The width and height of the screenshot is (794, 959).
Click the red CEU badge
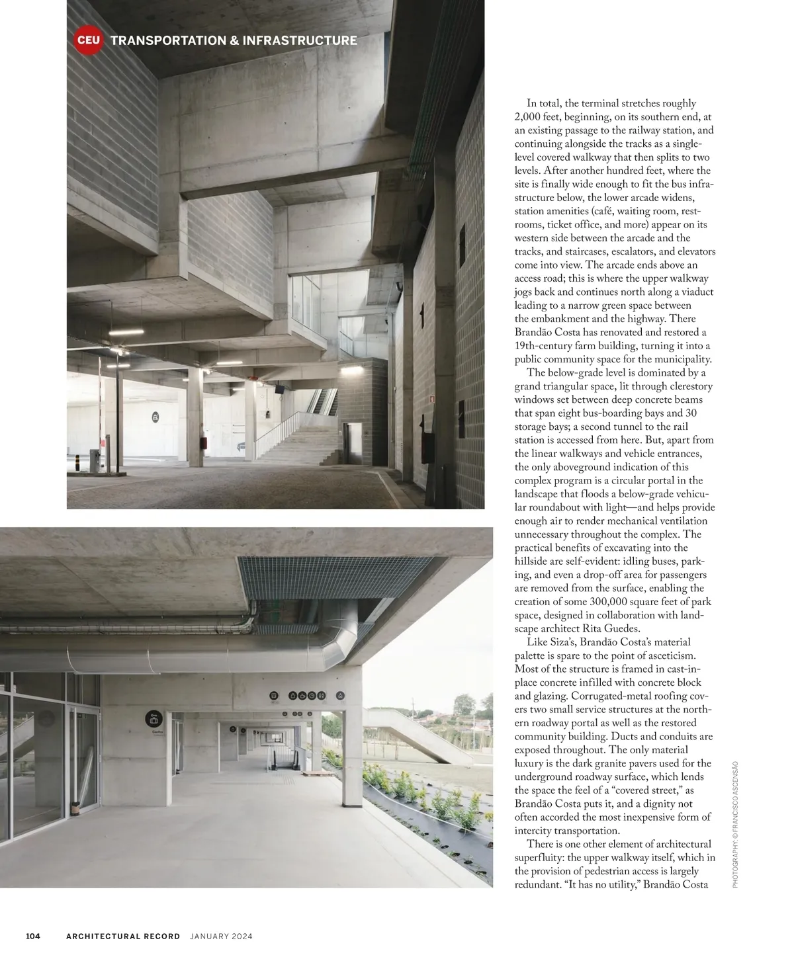click(88, 40)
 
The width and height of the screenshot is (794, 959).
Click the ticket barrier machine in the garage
click(95, 460)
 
